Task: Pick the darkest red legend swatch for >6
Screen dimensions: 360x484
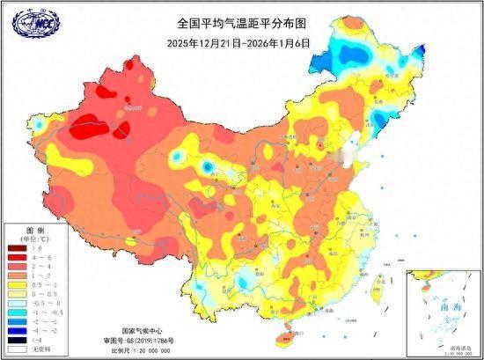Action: pyautogui.click(x=16, y=250)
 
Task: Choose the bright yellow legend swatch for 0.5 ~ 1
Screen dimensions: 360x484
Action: pyautogui.click(x=16, y=283)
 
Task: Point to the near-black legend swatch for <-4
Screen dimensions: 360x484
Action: pyautogui.click(x=16, y=339)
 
